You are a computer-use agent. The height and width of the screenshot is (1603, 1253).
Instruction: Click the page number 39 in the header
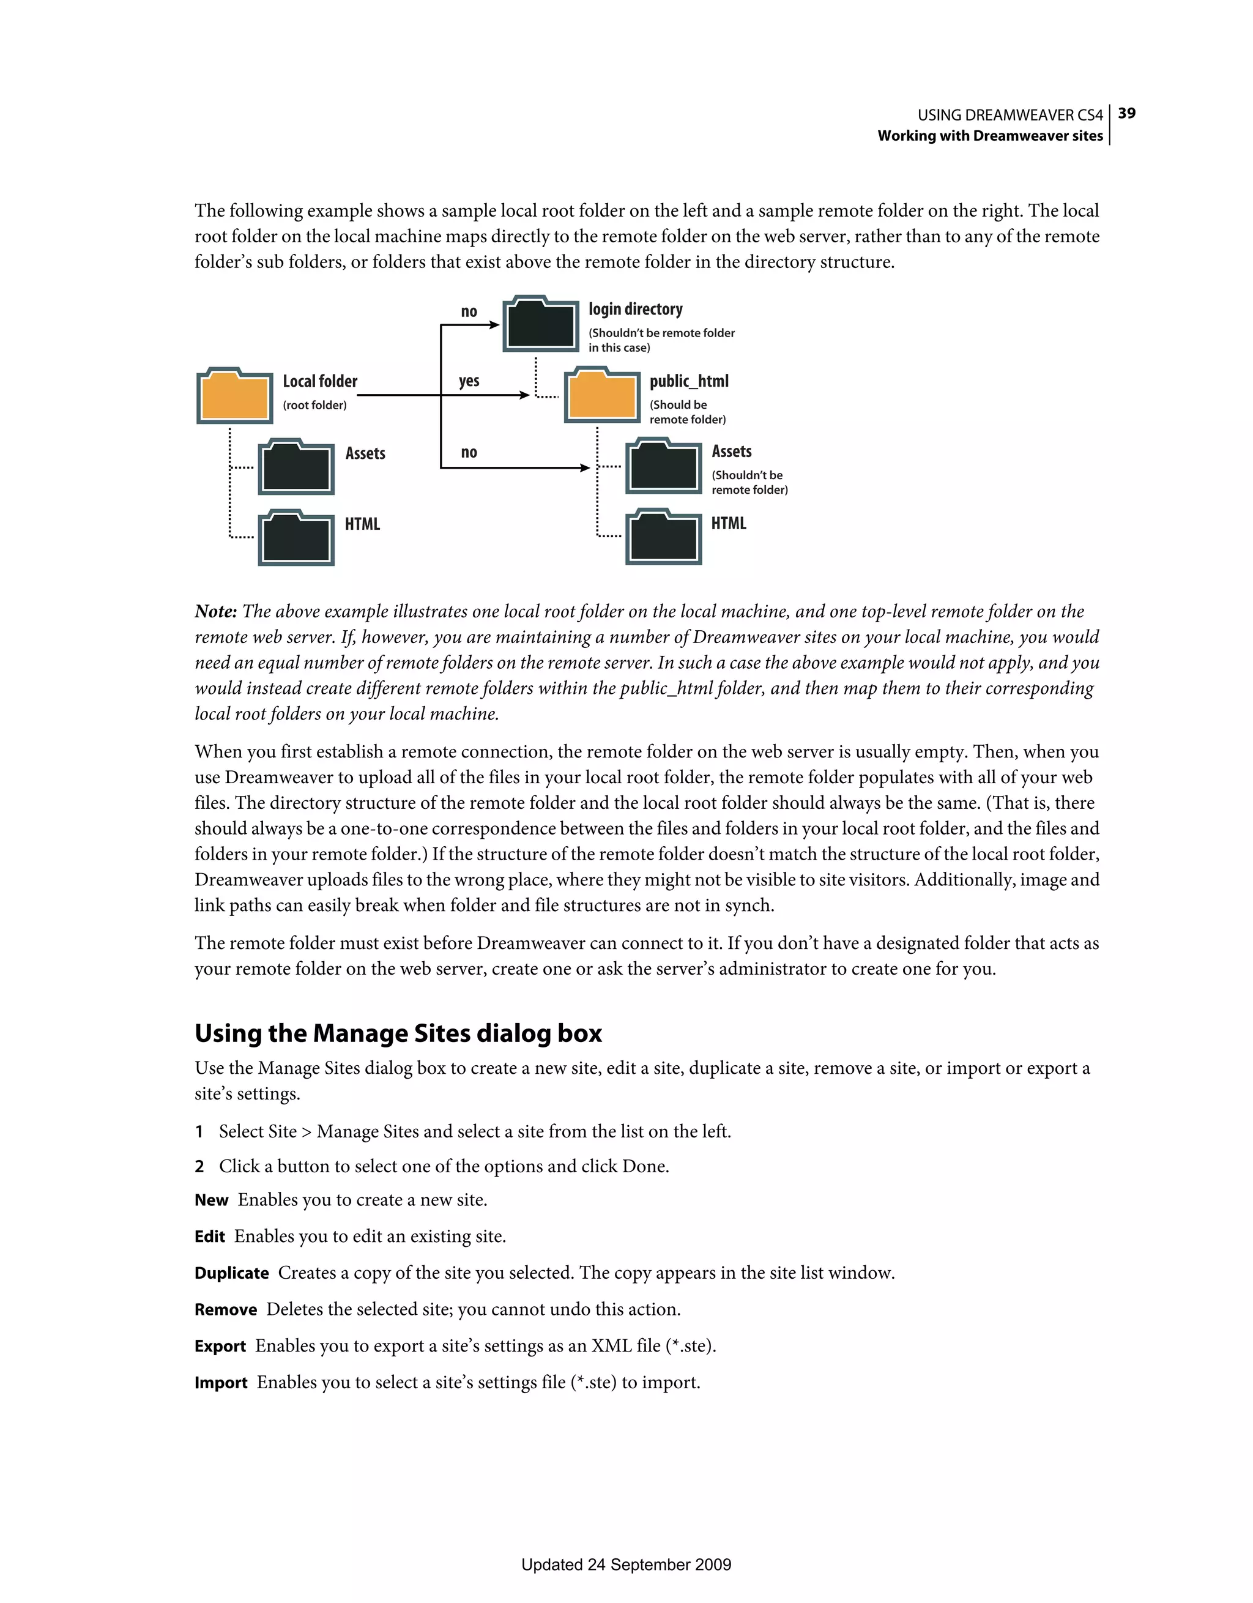click(x=1127, y=113)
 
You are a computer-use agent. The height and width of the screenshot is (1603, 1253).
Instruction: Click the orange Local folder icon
click(x=234, y=396)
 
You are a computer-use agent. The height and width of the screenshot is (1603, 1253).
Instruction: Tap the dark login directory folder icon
click(x=541, y=324)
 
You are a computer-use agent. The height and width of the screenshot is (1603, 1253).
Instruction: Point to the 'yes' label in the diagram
click(x=469, y=381)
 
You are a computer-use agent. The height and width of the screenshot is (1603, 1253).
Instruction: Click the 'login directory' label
click(x=635, y=309)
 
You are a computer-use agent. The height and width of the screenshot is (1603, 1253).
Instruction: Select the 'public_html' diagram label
click(x=688, y=381)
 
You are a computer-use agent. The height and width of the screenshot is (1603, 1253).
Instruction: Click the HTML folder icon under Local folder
click(x=296, y=538)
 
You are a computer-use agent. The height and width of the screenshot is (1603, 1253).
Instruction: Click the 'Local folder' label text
click(x=320, y=381)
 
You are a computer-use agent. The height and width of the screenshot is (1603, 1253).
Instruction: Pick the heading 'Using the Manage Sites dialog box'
click(x=398, y=1033)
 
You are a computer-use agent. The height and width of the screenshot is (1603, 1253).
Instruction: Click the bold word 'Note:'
click(x=216, y=611)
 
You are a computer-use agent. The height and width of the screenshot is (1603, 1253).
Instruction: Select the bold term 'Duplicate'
click(x=231, y=1273)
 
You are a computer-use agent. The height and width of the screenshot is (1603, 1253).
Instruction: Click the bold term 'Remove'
click(x=225, y=1310)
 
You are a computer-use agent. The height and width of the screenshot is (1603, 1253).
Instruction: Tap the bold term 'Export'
click(x=220, y=1347)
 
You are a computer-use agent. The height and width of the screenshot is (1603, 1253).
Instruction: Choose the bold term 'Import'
click(x=220, y=1383)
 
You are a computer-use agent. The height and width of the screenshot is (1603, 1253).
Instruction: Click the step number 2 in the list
click(x=199, y=1167)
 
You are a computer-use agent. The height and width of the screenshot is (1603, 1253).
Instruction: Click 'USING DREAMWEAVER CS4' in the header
click(x=1009, y=115)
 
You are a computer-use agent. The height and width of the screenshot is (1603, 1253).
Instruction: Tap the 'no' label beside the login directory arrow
click(x=469, y=311)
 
